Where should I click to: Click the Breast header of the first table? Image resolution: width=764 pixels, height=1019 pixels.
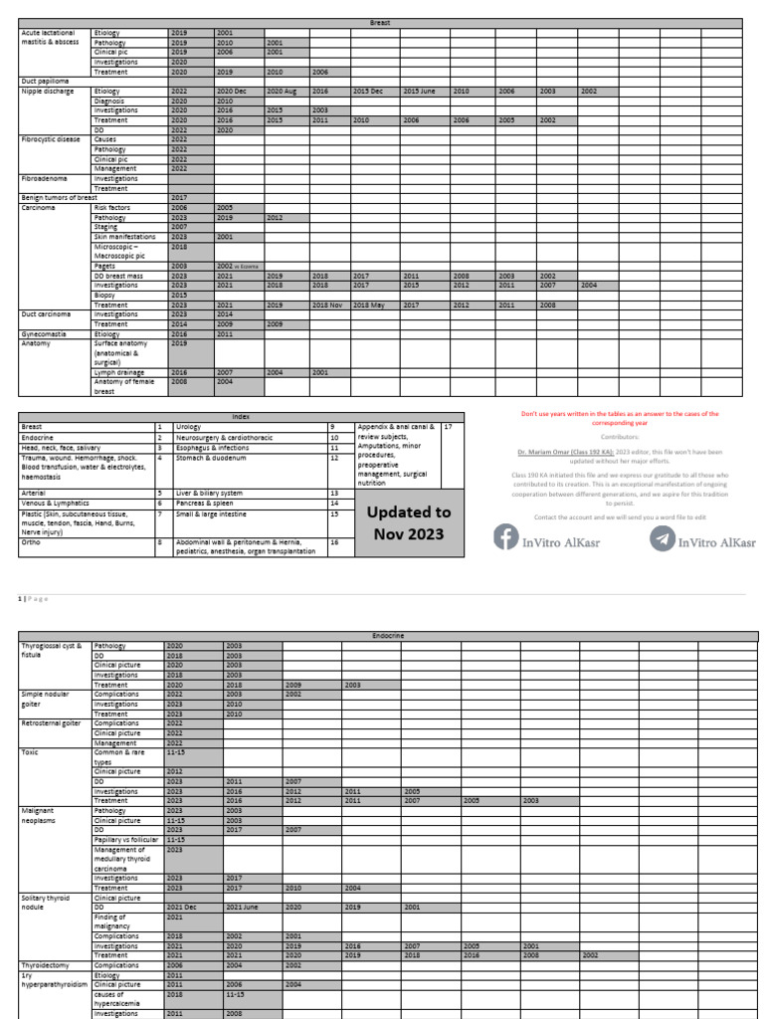tap(380, 22)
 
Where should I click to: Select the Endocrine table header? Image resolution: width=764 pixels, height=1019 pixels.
tap(387, 635)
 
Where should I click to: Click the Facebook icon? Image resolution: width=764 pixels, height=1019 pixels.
tap(506, 538)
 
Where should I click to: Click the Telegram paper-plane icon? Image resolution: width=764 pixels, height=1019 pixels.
tap(662, 538)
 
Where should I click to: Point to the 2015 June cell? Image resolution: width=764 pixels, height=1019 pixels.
tap(419, 91)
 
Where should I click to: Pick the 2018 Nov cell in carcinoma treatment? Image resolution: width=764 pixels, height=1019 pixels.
tap(327, 305)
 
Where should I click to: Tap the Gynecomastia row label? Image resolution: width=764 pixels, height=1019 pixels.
tap(44, 334)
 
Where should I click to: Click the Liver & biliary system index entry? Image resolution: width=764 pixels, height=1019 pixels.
tap(209, 493)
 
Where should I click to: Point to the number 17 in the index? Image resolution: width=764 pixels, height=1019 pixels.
tap(449, 426)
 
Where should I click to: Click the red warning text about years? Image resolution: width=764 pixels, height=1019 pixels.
tap(620, 418)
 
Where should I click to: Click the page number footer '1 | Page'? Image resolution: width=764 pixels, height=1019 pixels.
tap(33, 598)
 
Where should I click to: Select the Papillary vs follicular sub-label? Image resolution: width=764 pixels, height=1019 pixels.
tap(127, 839)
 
